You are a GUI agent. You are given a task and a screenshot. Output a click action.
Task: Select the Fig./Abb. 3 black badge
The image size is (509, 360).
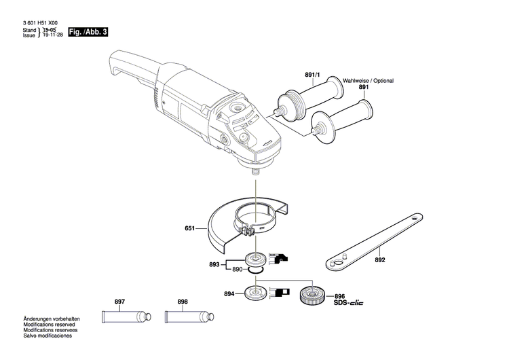(89, 33)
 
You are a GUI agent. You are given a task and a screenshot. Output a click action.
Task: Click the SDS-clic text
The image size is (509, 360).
(348, 302)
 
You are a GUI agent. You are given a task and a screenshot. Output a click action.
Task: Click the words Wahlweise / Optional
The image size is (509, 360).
(368, 81)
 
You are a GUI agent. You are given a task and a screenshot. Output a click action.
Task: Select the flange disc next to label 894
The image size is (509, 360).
(257, 294)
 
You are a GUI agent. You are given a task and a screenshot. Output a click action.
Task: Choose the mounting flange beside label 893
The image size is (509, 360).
(257, 258)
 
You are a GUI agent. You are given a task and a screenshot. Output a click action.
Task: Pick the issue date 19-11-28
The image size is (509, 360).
(54, 36)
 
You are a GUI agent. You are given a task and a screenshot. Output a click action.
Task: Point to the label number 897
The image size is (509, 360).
(119, 300)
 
